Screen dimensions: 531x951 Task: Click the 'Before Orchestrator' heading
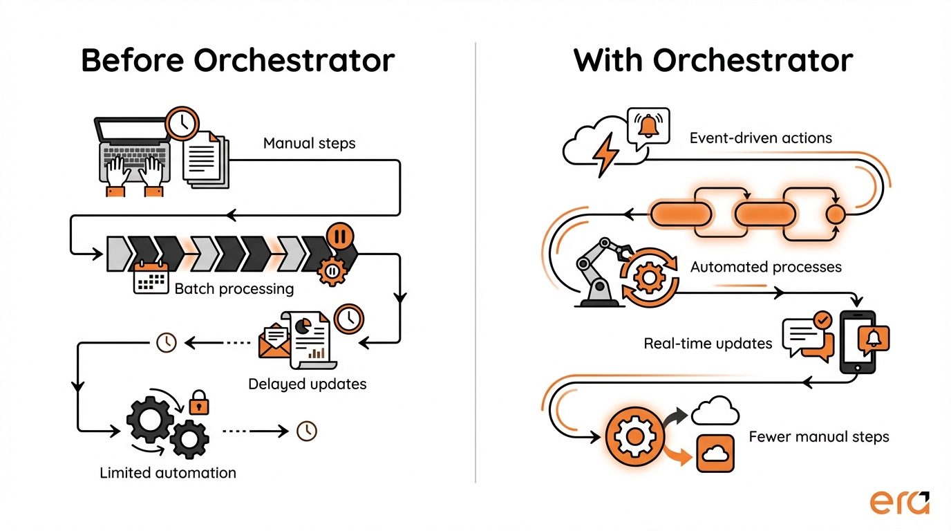point(238,61)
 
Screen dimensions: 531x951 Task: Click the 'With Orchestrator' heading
point(713,61)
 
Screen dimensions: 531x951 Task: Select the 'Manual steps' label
point(309,144)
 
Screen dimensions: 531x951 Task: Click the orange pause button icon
point(339,236)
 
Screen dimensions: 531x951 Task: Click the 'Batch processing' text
point(234,288)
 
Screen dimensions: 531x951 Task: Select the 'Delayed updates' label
point(307,383)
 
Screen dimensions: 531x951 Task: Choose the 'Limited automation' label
point(168,473)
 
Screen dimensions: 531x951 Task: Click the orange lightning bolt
point(606,153)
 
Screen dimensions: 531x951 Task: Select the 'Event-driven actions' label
point(760,138)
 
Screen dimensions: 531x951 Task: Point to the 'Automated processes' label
point(766,266)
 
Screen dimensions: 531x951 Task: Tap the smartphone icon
point(857,342)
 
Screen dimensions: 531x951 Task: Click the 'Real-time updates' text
point(708,343)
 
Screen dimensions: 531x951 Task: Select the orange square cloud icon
point(715,454)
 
